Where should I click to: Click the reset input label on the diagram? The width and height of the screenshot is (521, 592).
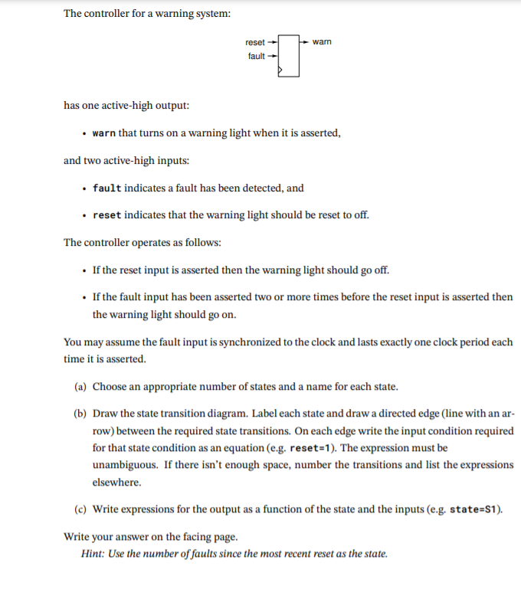click(x=254, y=42)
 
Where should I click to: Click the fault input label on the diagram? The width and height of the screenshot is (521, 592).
click(x=256, y=56)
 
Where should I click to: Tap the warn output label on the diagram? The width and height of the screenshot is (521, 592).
click(x=323, y=42)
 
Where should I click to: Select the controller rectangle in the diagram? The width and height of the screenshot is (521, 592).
click(x=288, y=55)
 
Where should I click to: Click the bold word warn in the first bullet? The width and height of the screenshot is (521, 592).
click(x=104, y=133)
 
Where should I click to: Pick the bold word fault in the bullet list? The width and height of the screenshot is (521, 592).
click(x=106, y=188)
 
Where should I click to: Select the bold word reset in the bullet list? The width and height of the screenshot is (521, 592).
click(x=106, y=215)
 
